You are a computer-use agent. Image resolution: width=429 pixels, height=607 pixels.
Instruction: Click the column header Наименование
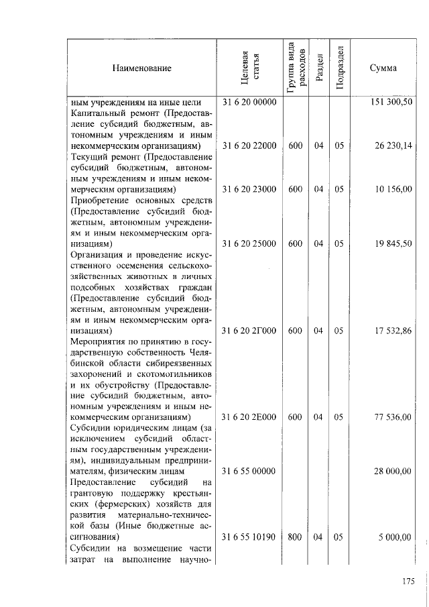point(141,68)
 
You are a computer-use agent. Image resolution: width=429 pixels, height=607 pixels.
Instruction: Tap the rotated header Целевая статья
point(249,68)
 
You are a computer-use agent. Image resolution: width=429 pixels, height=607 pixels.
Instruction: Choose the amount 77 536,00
point(393,417)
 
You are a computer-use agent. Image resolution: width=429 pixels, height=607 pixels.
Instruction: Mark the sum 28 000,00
point(393,472)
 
